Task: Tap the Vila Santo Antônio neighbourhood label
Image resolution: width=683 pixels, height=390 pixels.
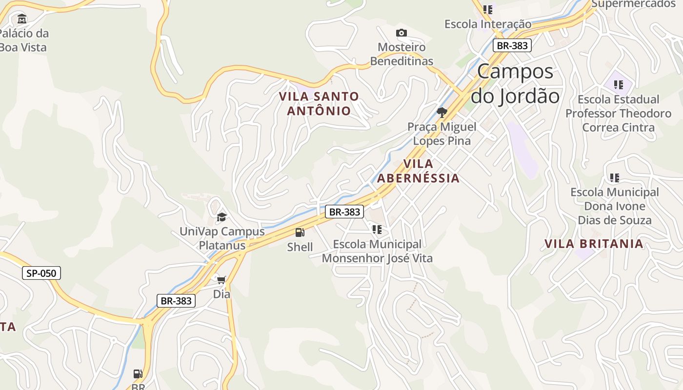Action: (x=319, y=103)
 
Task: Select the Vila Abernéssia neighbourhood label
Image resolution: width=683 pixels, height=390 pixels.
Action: (x=418, y=171)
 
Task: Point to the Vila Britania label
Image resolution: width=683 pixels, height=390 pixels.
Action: (x=594, y=244)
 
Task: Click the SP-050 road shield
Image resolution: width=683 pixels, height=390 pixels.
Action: (x=41, y=273)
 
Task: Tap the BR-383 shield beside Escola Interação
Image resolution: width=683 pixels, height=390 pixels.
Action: (x=511, y=45)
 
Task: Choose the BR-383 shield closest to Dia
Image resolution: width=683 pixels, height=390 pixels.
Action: (x=176, y=301)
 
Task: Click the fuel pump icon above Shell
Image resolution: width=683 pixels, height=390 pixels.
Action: (x=300, y=233)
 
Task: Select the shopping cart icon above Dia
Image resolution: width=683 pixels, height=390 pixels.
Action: (x=221, y=280)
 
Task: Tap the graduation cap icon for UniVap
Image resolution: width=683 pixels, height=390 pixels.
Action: (x=222, y=217)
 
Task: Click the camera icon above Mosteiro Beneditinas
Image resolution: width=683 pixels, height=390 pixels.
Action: (x=402, y=33)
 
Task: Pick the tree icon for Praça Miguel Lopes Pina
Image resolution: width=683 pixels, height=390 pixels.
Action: (x=442, y=113)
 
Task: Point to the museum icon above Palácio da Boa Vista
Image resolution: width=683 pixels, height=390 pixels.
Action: (x=22, y=19)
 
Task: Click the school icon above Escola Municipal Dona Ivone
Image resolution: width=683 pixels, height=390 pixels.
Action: (x=615, y=177)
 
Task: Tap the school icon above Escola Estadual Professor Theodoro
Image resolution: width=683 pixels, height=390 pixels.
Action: (x=619, y=85)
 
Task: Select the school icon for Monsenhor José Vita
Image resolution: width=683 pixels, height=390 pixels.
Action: (x=377, y=229)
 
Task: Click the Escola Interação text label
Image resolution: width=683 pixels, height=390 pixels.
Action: (x=488, y=24)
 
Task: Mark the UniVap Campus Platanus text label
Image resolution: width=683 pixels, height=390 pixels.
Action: (x=222, y=238)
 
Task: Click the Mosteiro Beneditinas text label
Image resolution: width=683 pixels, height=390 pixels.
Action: (x=402, y=54)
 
